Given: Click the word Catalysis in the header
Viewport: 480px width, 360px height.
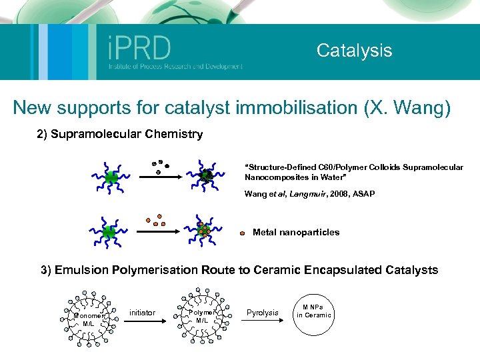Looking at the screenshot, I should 354,50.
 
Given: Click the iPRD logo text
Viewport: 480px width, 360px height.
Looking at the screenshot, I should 139,48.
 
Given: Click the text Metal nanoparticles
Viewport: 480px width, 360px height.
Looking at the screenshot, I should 296,233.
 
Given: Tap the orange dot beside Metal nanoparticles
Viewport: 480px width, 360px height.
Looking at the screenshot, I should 243,233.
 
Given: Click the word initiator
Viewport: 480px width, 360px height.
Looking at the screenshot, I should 142,313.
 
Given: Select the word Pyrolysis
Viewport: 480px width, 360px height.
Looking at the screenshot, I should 262,313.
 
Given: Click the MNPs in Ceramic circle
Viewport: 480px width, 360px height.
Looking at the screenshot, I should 313,312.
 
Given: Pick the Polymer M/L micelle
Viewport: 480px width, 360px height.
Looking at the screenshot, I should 202,316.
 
